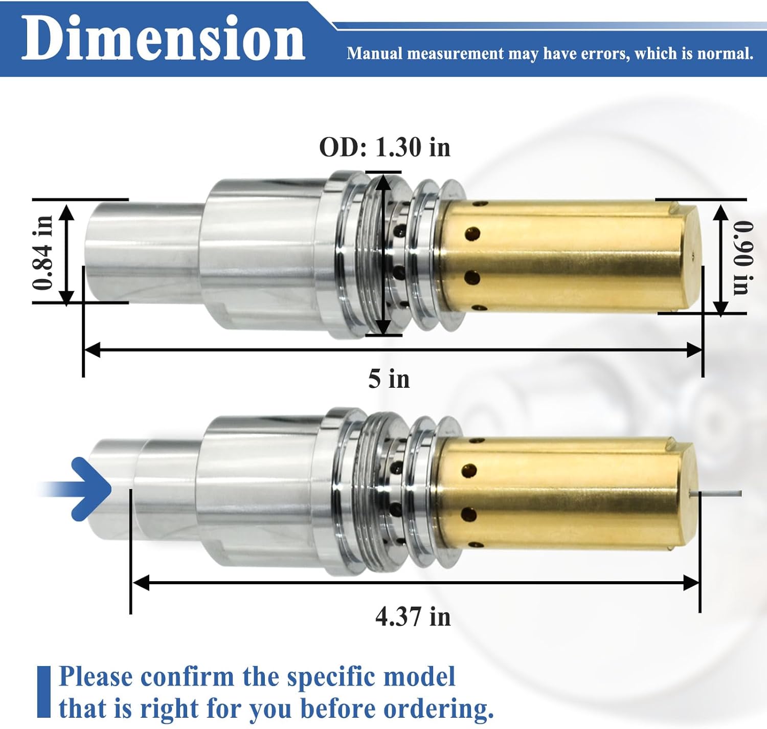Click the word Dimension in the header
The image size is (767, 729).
click(163, 38)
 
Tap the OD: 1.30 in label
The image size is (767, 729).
click(385, 147)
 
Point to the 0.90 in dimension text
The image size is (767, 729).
click(743, 257)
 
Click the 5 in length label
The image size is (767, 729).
click(389, 379)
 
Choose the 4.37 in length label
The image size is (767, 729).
click(413, 616)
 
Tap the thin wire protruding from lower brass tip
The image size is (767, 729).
click(718, 493)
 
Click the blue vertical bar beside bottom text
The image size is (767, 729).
click(44, 691)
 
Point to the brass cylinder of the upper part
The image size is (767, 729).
click(562, 256)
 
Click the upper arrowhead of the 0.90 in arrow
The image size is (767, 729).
click(720, 211)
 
